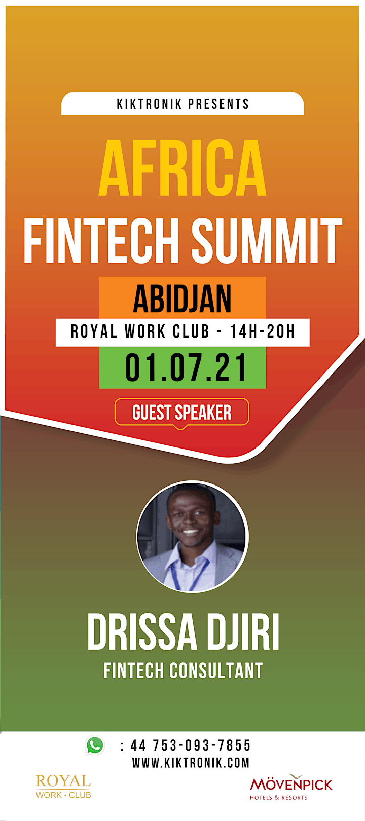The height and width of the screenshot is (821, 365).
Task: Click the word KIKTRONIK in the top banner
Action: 149,104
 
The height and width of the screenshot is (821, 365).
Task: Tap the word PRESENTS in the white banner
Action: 219,104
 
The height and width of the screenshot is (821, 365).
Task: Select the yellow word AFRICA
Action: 182,168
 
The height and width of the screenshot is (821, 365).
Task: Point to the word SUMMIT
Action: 267,240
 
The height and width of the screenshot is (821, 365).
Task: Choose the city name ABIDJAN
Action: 182,298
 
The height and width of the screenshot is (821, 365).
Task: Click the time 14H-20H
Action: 263,331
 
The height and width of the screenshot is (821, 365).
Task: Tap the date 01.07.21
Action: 186,367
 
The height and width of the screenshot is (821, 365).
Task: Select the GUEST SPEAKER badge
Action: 182,413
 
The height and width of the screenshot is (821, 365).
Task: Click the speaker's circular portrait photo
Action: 193,537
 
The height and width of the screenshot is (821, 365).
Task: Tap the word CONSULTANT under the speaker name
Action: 216,670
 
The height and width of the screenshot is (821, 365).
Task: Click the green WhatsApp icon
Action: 95,745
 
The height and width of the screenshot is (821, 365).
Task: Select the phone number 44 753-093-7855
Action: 191,745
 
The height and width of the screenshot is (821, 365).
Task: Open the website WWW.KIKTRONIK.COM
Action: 191,763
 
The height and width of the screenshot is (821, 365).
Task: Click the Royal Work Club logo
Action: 63,786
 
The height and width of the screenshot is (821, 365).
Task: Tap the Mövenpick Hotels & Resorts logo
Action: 291,787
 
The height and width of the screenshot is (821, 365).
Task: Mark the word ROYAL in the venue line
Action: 94,331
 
